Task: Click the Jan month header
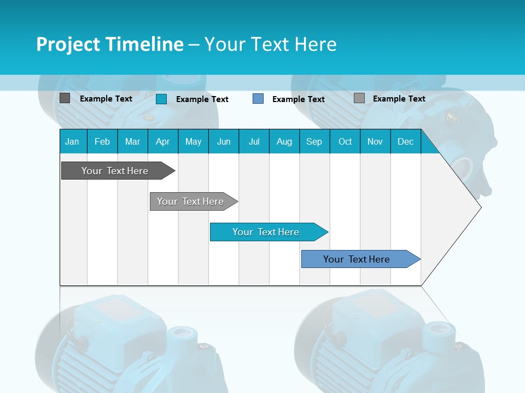tap(72, 141)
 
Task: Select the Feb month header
tap(102, 141)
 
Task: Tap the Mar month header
tap(132, 141)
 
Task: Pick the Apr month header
tap(163, 141)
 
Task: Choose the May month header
tap(193, 141)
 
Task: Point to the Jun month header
tap(224, 141)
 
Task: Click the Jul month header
tap(254, 141)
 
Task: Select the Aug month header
tap(284, 141)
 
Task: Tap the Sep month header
tap(314, 141)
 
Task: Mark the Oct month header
tap(345, 141)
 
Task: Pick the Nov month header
tap(375, 141)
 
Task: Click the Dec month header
tap(406, 141)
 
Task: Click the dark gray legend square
tap(65, 98)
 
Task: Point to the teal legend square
tap(161, 99)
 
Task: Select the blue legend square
tap(258, 99)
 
